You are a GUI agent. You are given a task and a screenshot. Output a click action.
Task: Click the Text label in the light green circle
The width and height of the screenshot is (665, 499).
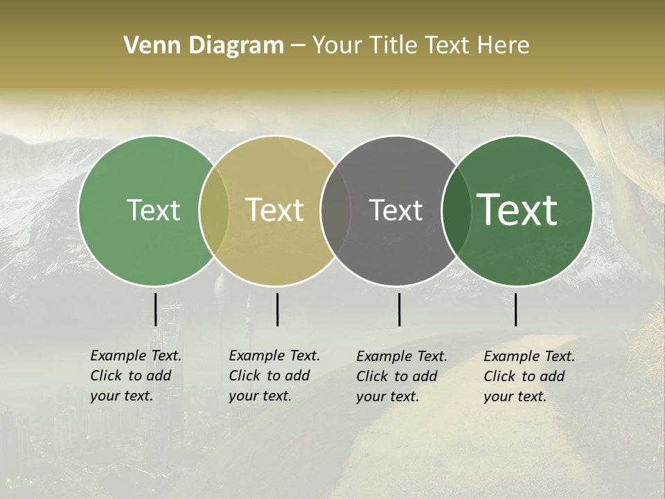tap(153, 210)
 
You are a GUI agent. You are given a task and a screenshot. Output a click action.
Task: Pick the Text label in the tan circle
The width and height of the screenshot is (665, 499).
tap(275, 210)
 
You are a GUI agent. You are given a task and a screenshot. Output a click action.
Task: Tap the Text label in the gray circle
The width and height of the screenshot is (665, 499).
tap(396, 210)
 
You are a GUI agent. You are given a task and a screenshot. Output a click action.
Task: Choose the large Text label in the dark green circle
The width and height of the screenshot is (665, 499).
tap(517, 210)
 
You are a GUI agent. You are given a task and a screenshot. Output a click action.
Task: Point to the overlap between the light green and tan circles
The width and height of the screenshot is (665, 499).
tap(214, 211)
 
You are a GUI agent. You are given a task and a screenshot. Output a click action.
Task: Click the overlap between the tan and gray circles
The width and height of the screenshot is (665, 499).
tap(335, 211)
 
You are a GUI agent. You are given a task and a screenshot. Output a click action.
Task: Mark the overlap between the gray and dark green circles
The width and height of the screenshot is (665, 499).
tap(456, 211)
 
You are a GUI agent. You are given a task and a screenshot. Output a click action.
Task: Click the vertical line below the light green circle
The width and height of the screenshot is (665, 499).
tap(155, 309)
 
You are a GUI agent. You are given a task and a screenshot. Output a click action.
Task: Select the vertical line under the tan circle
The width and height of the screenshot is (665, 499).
tap(277, 309)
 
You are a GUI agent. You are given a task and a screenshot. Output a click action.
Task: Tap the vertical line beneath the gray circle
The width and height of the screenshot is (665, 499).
tap(399, 309)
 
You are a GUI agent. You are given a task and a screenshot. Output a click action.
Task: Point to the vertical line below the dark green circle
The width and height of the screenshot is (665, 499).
tap(515, 309)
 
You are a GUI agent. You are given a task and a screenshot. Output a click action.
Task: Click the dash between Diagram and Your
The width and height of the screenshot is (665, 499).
tap(298, 46)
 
